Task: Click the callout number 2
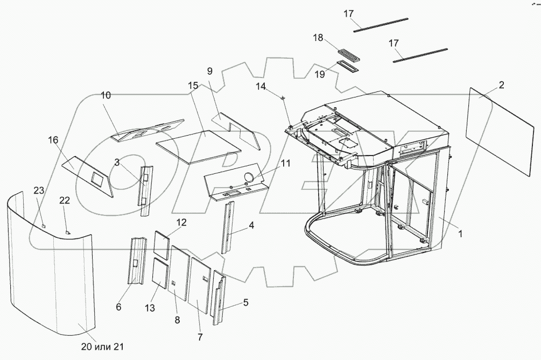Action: (x=501, y=85)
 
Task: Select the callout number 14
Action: (x=261, y=86)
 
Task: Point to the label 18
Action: (x=318, y=38)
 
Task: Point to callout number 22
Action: (x=65, y=200)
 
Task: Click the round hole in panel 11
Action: (x=250, y=177)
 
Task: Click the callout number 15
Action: (x=193, y=86)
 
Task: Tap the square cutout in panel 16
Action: (x=98, y=176)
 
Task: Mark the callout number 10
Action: (x=106, y=95)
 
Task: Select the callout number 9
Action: (x=209, y=71)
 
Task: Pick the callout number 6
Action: (x=118, y=307)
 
